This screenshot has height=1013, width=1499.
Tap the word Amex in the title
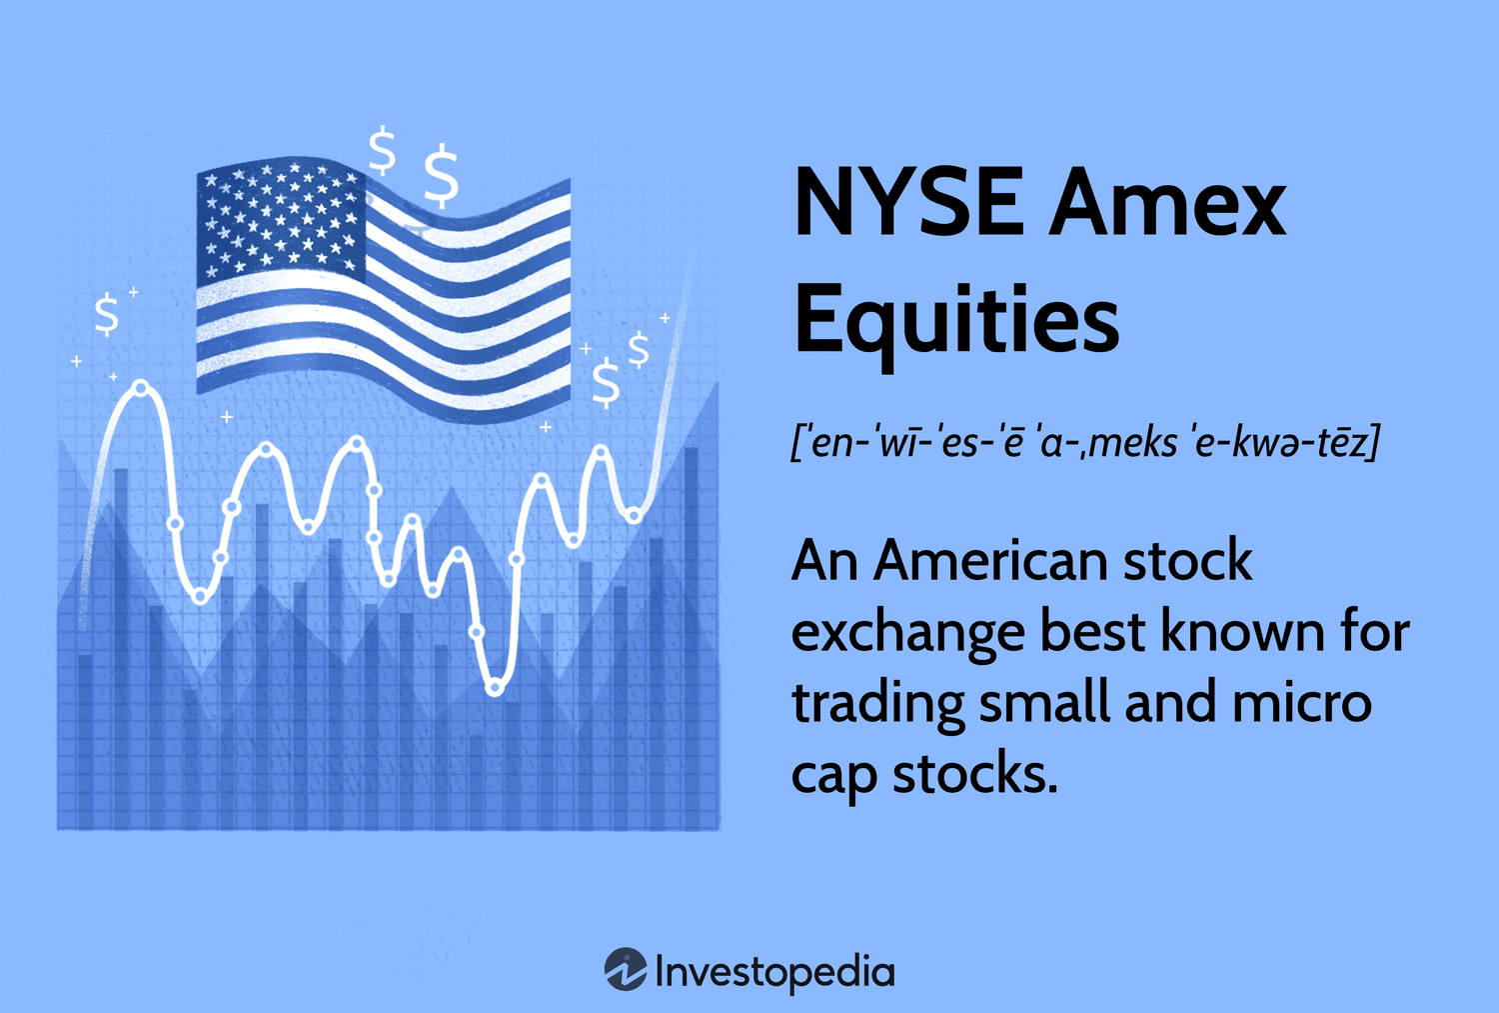(1166, 204)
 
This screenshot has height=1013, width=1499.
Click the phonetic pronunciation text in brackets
(1084, 441)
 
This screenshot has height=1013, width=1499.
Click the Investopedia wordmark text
(774, 971)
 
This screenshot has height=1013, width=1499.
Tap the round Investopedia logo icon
(626, 970)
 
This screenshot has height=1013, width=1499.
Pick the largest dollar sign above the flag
(441, 175)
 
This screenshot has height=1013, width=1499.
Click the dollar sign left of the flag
(106, 314)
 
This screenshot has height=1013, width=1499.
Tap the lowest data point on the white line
(495, 687)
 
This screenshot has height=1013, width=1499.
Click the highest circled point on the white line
(142, 388)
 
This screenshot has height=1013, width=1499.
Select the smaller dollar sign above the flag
(382, 151)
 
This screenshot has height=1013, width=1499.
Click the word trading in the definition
(877, 704)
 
